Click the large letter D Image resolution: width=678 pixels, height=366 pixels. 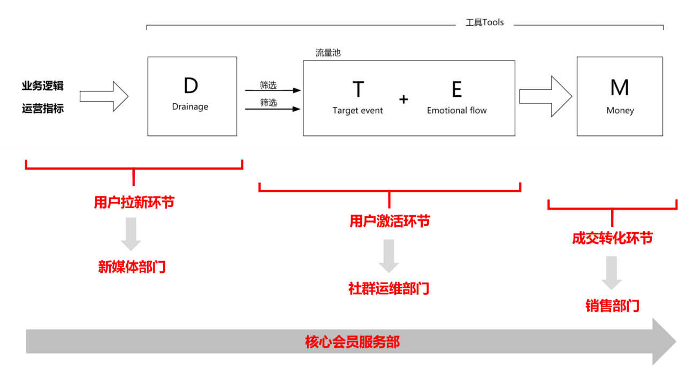[191, 86]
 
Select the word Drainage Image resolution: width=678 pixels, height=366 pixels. [190, 106]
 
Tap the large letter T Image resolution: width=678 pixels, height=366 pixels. [358, 89]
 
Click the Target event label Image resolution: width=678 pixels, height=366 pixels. [358, 111]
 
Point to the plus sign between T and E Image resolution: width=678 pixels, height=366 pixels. [403, 99]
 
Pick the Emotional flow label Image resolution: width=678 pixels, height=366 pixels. [457, 111]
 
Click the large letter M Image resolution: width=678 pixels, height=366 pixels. [620, 88]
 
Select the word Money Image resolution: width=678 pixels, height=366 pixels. [620, 111]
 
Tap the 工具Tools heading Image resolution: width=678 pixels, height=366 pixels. [485, 23]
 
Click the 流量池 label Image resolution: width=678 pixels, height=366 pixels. [328, 53]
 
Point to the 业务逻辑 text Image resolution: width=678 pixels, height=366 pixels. [43, 86]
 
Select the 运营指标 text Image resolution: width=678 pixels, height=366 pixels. [43, 109]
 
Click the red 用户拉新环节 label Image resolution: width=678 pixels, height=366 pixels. [134, 203]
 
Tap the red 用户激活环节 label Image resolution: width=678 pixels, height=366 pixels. [390, 221]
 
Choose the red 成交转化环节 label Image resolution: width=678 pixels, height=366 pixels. [612, 238]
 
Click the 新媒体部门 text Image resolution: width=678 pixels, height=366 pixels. [132, 267]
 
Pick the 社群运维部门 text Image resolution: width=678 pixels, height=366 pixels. [388, 288]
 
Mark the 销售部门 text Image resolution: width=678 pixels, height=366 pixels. [612, 306]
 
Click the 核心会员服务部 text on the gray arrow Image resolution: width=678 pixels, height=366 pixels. [352, 342]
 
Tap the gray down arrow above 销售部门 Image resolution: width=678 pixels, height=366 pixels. [612, 273]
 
